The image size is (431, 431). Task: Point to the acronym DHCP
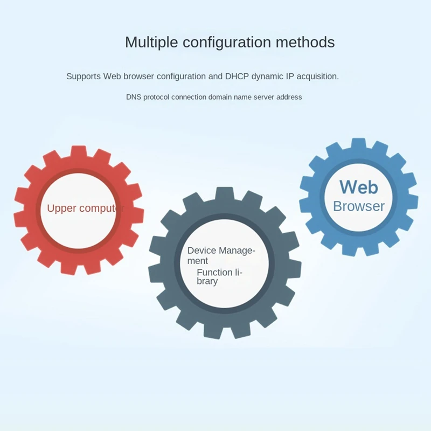click(x=237, y=77)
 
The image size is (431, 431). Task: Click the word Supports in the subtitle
click(x=84, y=77)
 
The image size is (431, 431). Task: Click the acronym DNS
click(x=133, y=98)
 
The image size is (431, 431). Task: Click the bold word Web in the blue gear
click(x=359, y=187)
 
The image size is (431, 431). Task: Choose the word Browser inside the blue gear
click(x=359, y=206)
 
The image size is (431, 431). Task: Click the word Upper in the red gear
click(x=61, y=208)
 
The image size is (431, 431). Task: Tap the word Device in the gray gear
click(x=200, y=251)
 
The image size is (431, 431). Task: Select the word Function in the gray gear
click(x=214, y=273)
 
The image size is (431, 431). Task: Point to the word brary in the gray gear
click(x=207, y=281)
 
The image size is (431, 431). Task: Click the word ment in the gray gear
click(x=197, y=261)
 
